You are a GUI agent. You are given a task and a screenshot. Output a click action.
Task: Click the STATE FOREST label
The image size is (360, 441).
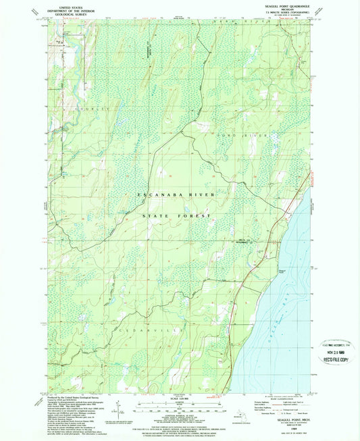click(176, 215)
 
